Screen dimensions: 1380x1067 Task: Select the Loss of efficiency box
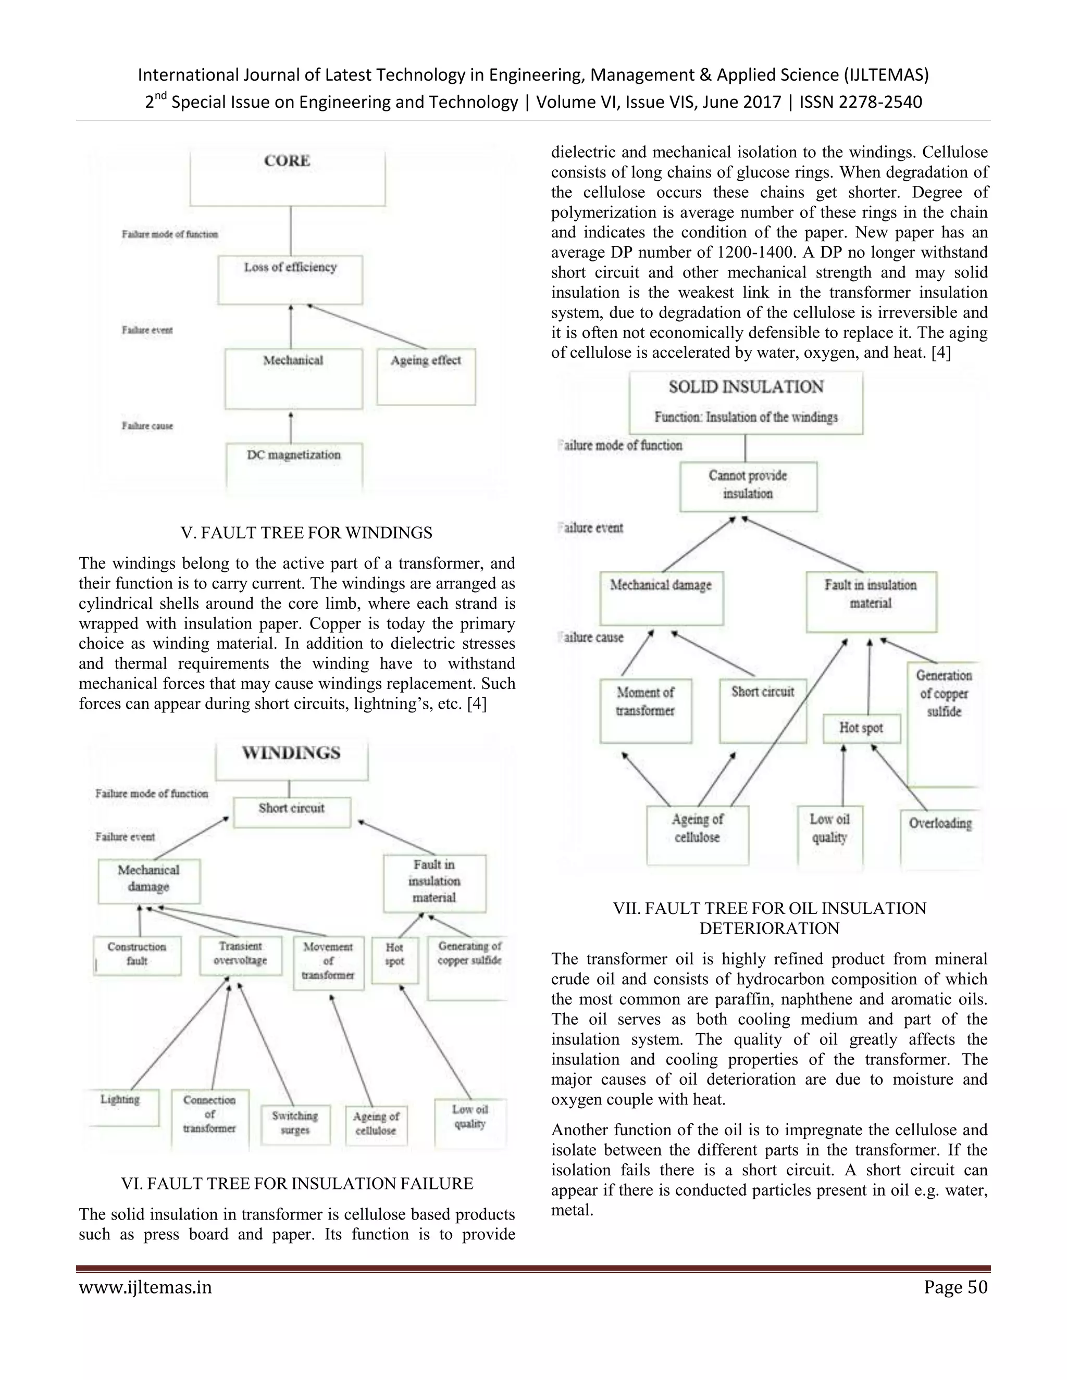(x=290, y=279)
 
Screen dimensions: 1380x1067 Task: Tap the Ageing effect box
(x=426, y=376)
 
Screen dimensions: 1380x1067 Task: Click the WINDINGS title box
(x=291, y=760)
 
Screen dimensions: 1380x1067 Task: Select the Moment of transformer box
(x=646, y=710)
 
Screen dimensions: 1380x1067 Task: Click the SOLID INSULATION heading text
(x=746, y=387)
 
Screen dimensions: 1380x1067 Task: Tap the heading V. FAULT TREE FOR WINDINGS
(x=306, y=533)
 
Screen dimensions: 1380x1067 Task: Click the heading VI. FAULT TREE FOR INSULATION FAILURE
(x=297, y=1184)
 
